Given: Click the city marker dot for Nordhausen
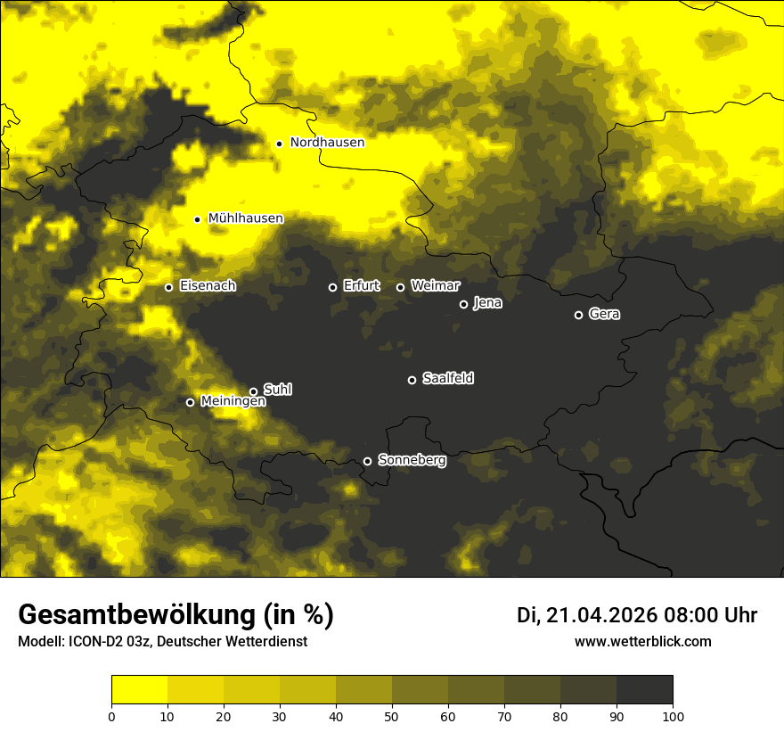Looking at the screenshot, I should pyautogui.click(x=279, y=143).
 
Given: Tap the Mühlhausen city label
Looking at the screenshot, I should pyautogui.click(x=245, y=218).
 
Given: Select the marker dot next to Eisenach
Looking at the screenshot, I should pyautogui.click(x=168, y=287).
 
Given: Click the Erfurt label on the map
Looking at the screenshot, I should pyautogui.click(x=361, y=286).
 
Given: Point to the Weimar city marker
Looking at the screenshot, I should pyautogui.click(x=400, y=287).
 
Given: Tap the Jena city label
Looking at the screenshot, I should pyautogui.click(x=487, y=303).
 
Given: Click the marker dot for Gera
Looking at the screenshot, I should pyautogui.click(x=578, y=315).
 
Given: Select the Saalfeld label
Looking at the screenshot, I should pyautogui.click(x=447, y=378).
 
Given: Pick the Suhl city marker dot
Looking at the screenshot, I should pyautogui.click(x=253, y=391).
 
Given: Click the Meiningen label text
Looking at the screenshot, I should pyautogui.click(x=233, y=401).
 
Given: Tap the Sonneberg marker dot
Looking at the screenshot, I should pyautogui.click(x=367, y=461).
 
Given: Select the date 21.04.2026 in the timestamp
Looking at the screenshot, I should pyautogui.click(x=601, y=615).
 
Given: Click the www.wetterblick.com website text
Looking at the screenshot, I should pyautogui.click(x=642, y=641).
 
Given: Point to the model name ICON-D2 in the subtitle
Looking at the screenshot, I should pyautogui.click(x=97, y=641).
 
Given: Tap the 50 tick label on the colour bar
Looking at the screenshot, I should pyautogui.click(x=392, y=716).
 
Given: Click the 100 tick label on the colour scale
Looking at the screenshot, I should pyautogui.click(x=672, y=716).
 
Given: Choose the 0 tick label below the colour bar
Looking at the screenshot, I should pyautogui.click(x=111, y=716).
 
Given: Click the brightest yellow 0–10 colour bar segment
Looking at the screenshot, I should pyautogui.click(x=139, y=690).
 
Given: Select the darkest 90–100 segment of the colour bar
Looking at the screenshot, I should pyautogui.click(x=644, y=690).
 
